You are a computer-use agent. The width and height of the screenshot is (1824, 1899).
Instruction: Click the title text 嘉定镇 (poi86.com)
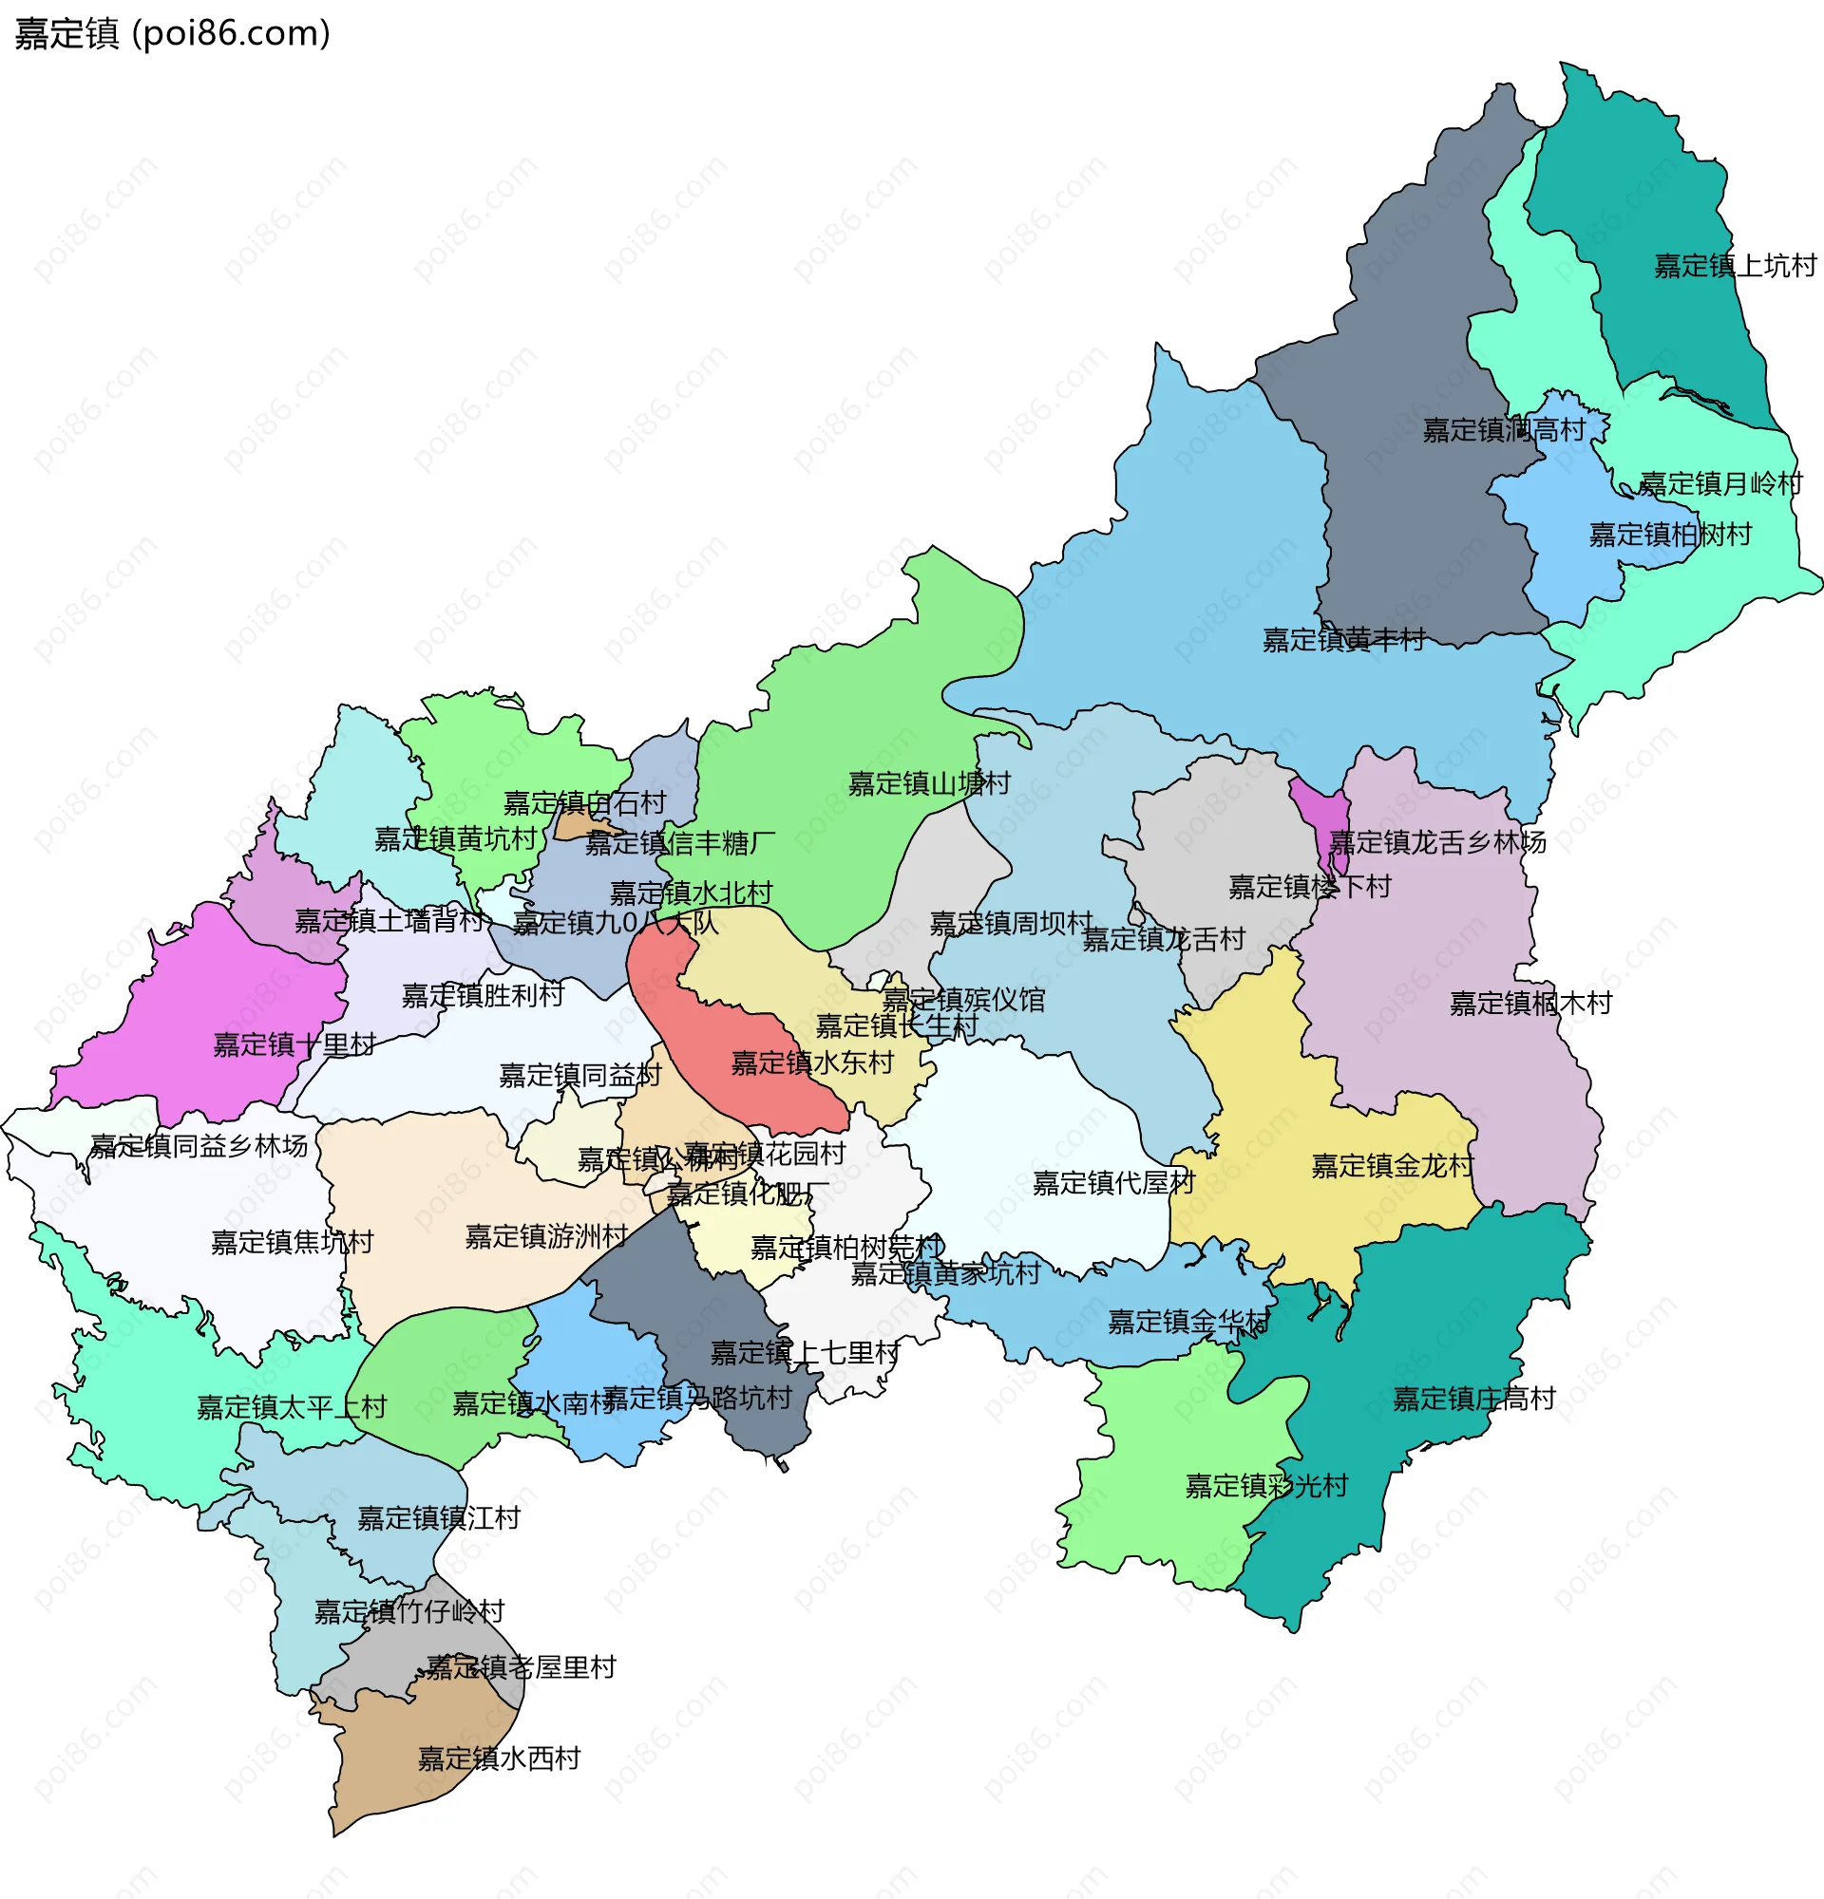click(173, 34)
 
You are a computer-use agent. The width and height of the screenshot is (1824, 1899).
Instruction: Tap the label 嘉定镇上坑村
click(1734, 266)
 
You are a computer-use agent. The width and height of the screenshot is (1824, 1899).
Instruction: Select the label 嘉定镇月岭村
click(1720, 483)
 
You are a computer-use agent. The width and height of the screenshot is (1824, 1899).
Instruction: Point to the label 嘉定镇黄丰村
click(1343, 639)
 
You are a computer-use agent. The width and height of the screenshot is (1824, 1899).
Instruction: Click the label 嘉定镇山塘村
click(928, 782)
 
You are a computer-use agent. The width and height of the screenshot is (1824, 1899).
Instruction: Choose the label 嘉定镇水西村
click(498, 1758)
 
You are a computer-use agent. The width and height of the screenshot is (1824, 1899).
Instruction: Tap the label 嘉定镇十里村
click(294, 1044)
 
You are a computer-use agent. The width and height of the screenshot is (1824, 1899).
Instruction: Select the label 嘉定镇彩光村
click(1265, 1485)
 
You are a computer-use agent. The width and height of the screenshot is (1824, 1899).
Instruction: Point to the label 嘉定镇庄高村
click(1473, 1398)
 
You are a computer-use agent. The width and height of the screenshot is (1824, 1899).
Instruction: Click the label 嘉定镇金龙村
click(1392, 1166)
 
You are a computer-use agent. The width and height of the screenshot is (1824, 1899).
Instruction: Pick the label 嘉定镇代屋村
click(1112, 1182)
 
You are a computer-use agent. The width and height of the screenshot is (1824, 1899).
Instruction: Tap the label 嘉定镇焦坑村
click(292, 1242)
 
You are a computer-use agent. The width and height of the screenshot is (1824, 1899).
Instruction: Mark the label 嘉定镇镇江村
click(438, 1517)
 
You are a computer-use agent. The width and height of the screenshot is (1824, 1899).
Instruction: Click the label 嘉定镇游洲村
click(545, 1236)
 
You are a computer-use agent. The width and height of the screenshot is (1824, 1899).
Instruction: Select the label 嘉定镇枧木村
click(1529, 1003)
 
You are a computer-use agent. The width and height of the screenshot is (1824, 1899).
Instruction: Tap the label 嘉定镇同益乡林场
click(199, 1145)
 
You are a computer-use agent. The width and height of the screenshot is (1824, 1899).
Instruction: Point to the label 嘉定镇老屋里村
click(521, 1666)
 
